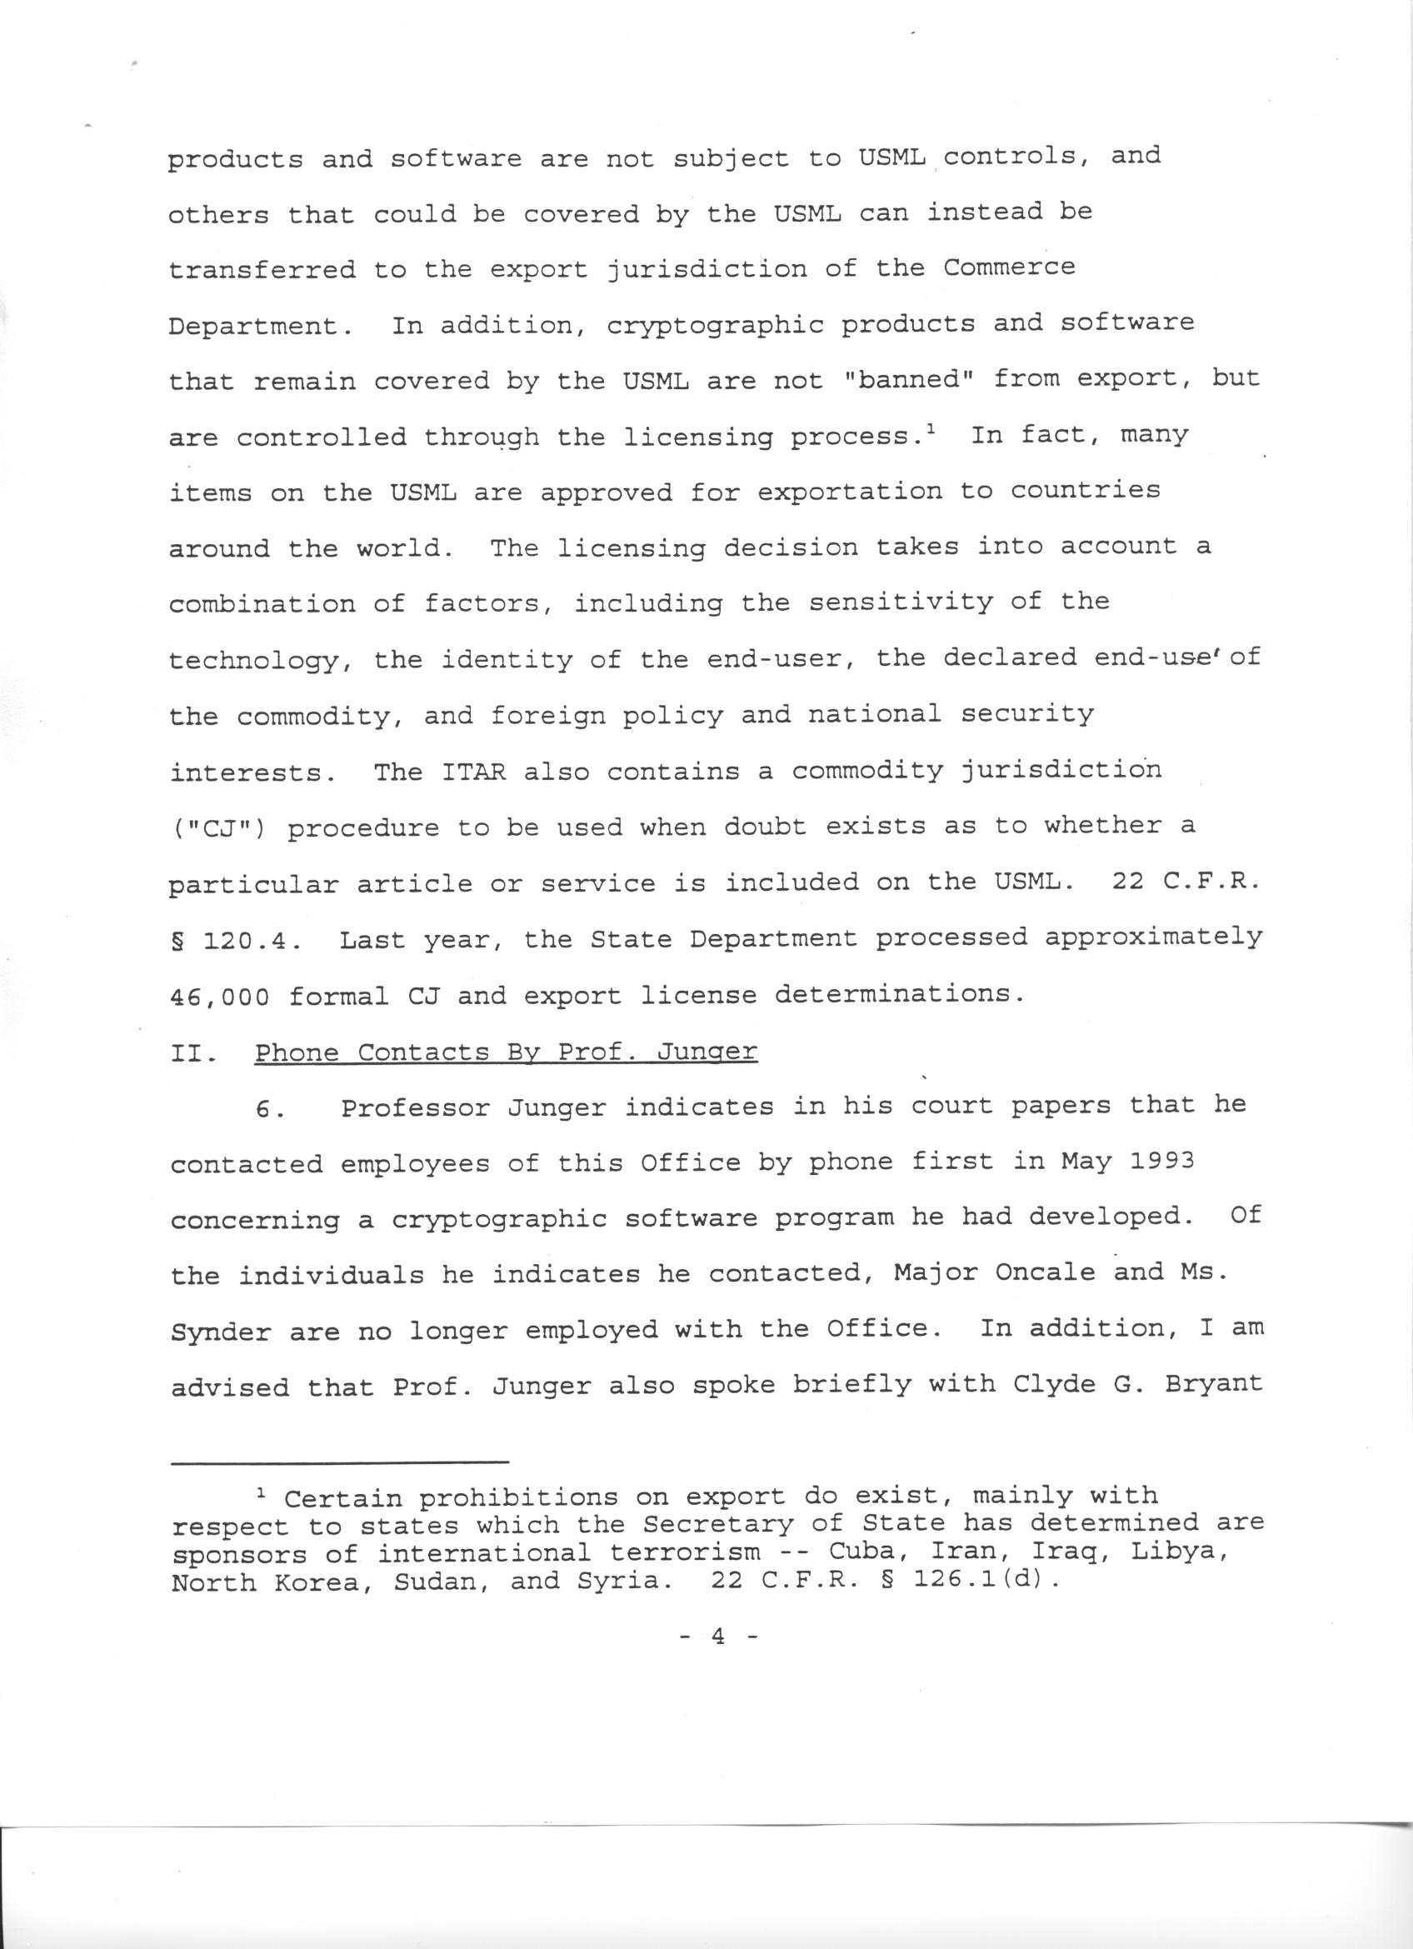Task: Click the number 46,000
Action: (219, 997)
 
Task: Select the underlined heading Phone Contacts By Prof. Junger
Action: (506, 1052)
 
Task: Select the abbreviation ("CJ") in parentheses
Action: (218, 828)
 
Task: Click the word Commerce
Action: (1009, 267)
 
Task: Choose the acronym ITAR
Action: (473, 772)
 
